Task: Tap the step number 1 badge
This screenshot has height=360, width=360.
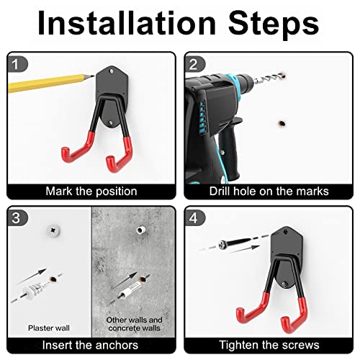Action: [x=18, y=63]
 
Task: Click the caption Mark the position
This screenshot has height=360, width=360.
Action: [x=91, y=192]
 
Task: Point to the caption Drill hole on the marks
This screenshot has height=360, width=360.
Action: [x=269, y=192]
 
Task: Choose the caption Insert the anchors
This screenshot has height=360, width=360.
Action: [x=91, y=346]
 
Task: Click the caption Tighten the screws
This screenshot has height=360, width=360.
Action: [x=269, y=346]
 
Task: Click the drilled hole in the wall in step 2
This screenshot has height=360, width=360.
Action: [x=276, y=124]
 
